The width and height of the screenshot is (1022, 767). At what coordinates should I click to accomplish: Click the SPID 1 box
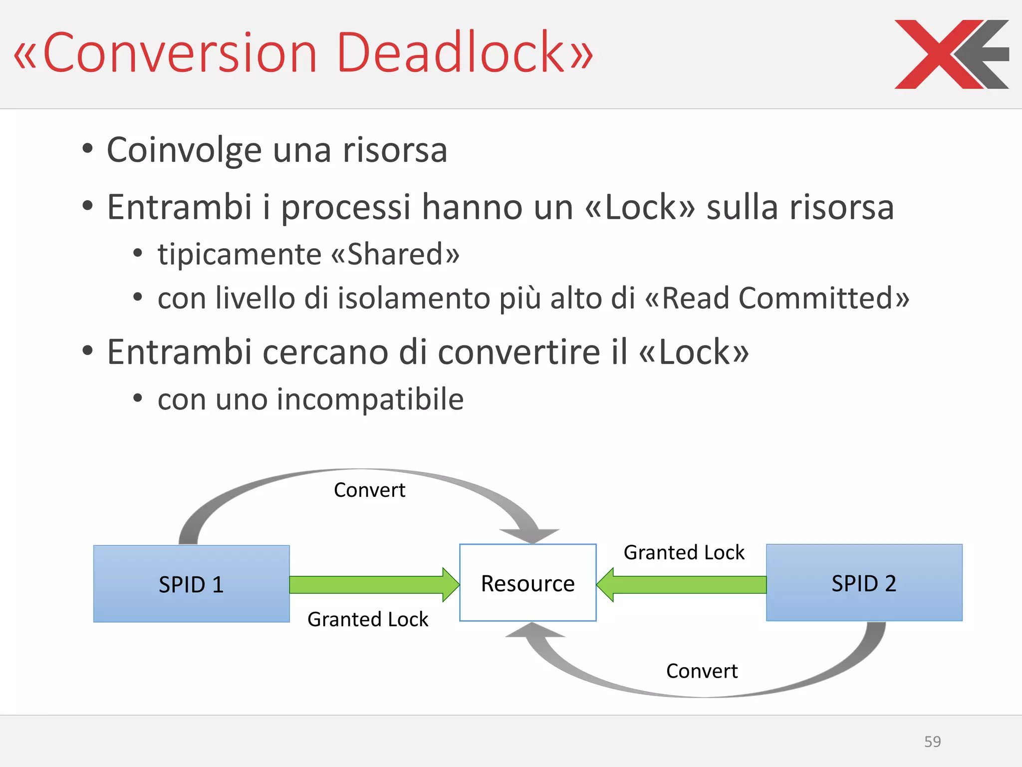point(191,584)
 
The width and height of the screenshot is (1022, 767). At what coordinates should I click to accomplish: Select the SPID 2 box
point(864,583)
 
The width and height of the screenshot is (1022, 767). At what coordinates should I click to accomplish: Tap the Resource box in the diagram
point(527,583)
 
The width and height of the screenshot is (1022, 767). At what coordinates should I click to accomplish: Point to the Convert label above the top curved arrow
point(369,490)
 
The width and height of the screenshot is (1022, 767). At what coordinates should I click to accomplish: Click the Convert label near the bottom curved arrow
point(702,671)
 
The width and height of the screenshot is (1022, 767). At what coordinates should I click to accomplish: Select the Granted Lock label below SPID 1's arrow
point(368,619)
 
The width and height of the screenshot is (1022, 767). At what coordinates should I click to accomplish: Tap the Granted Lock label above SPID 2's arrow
point(684,552)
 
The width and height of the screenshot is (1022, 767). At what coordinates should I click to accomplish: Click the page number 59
point(932,742)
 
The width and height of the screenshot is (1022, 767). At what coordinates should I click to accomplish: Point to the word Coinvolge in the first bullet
point(184,150)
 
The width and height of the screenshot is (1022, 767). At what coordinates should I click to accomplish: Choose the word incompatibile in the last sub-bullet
point(370,399)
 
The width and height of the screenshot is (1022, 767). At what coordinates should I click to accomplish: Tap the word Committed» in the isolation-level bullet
point(824,298)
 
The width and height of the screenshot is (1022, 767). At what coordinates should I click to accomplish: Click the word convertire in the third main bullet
point(519,352)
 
